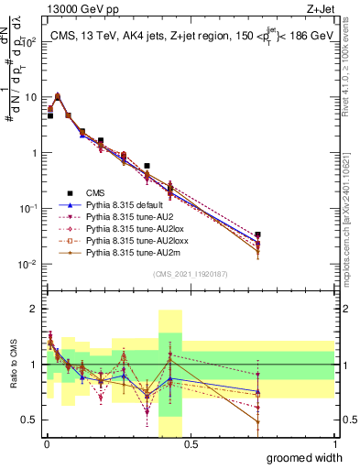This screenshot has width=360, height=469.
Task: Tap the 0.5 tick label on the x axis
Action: point(191,444)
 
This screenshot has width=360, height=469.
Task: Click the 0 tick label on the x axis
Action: point(45,444)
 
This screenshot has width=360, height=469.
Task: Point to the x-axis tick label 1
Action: point(334,444)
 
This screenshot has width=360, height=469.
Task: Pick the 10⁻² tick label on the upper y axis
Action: point(27,264)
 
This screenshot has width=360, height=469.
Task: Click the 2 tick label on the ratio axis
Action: point(35,309)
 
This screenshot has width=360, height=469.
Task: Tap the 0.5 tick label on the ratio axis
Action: point(29,420)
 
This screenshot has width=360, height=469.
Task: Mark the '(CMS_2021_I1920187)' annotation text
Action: point(190,275)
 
